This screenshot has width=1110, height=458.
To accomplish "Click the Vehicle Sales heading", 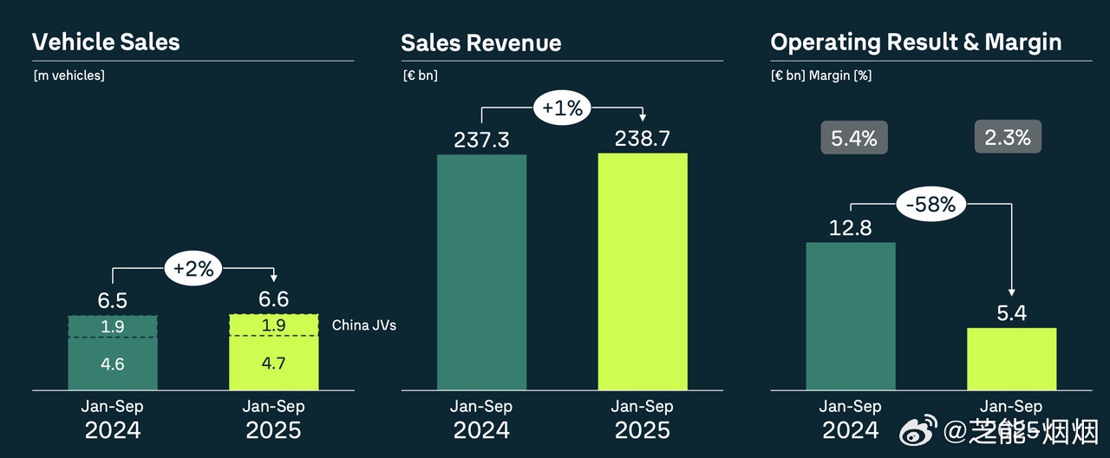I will pyautogui.click(x=106, y=42).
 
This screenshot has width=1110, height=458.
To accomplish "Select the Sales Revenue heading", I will pyautogui.click(x=480, y=43).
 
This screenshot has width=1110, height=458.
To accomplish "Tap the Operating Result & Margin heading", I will pyautogui.click(x=916, y=42).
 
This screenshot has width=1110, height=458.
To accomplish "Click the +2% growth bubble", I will pyautogui.click(x=193, y=269).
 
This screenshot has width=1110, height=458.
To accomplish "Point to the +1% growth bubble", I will pyautogui.click(x=562, y=108).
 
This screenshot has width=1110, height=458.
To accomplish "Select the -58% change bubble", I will pyautogui.click(x=930, y=205).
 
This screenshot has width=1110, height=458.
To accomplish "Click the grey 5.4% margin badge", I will pyautogui.click(x=854, y=138).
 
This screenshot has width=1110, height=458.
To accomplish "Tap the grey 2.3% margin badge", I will pyautogui.click(x=1008, y=137).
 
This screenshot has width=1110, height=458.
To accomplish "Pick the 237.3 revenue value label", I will pyautogui.click(x=481, y=139).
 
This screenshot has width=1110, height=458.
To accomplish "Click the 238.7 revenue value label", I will pyautogui.click(x=642, y=139).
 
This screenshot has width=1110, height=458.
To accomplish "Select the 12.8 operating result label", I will pyautogui.click(x=850, y=228).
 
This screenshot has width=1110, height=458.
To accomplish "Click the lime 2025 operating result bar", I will pyautogui.click(x=1012, y=359).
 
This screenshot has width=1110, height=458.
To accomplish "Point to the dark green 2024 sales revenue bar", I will pyautogui.click(x=481, y=272).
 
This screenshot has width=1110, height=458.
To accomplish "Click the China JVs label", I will pyautogui.click(x=364, y=326).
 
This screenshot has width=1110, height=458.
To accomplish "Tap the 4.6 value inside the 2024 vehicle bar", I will pyautogui.click(x=113, y=364).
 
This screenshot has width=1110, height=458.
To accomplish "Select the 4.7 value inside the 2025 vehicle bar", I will pyautogui.click(x=273, y=364).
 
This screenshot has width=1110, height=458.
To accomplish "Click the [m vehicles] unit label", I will pyautogui.click(x=69, y=75).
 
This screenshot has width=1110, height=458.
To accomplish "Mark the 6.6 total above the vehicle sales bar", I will pyautogui.click(x=273, y=300).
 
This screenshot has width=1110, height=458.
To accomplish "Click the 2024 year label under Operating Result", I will pyautogui.click(x=851, y=429).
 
